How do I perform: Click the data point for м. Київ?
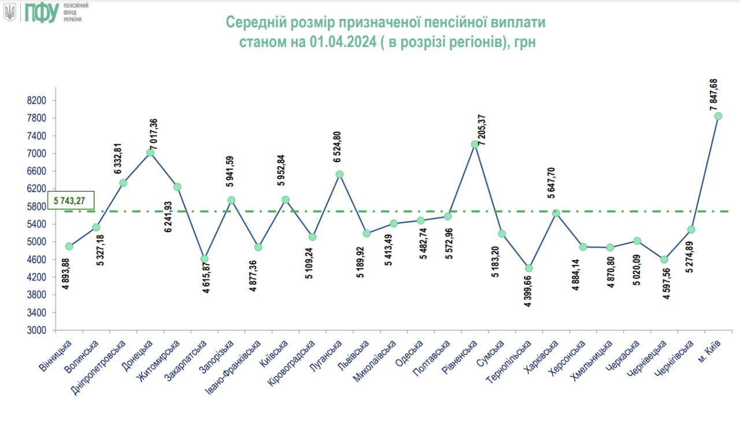[x=718, y=116]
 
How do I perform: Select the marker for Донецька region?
[x=150, y=153]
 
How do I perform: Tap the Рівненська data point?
[x=475, y=144]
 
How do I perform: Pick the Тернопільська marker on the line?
[x=528, y=268]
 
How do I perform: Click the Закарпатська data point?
[x=204, y=259]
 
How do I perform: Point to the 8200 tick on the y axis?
[x=36, y=101]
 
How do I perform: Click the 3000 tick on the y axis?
[x=36, y=330]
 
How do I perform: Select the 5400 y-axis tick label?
[x=36, y=224]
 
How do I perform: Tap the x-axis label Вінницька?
[x=57, y=355]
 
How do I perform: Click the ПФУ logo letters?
[x=41, y=12]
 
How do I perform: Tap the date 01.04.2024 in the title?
[x=341, y=43]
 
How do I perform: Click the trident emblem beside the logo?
[x=10, y=12]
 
